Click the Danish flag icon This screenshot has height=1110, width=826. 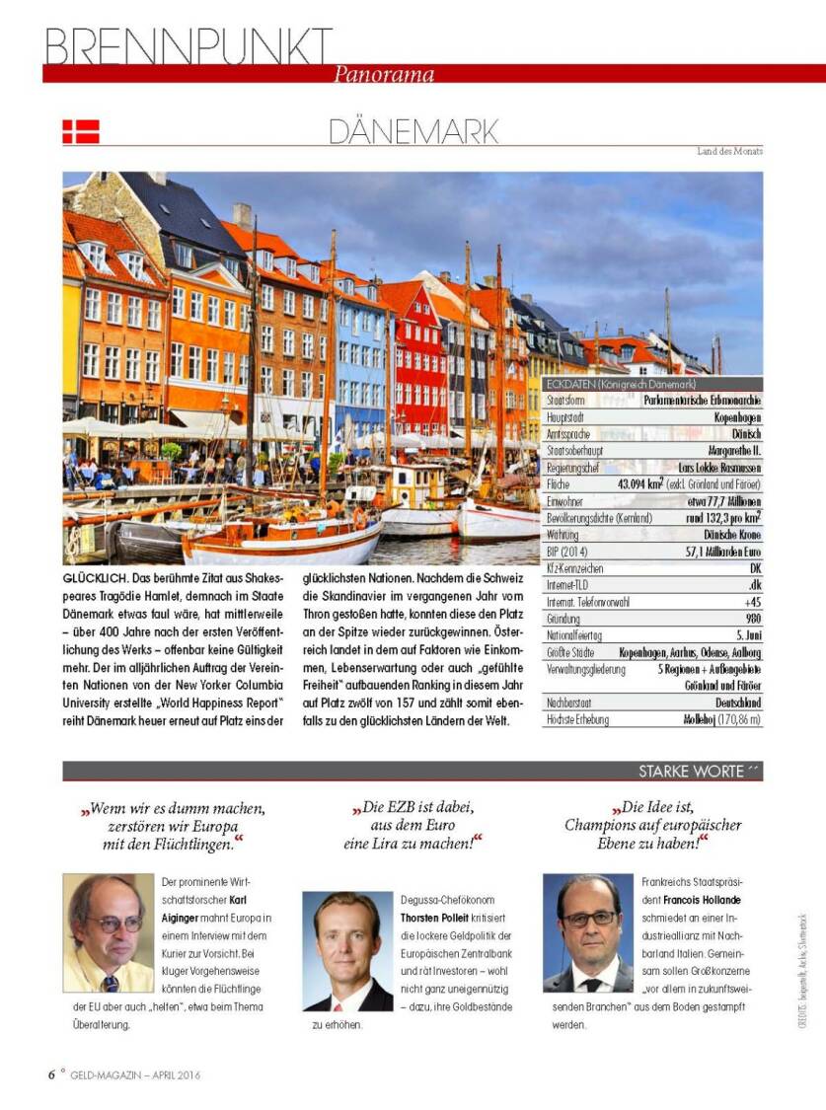(x=81, y=131)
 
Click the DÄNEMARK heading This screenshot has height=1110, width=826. (x=413, y=131)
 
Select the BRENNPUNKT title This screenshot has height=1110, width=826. (x=188, y=44)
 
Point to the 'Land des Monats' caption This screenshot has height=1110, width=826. (x=729, y=151)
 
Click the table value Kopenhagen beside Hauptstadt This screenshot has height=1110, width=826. (x=736, y=417)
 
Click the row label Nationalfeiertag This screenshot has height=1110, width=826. (x=576, y=636)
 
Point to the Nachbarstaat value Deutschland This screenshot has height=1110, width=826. (x=737, y=703)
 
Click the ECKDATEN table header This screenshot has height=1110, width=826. (x=621, y=384)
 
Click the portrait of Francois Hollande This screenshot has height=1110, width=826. (x=587, y=933)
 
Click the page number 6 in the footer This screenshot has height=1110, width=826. (x=51, y=1074)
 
